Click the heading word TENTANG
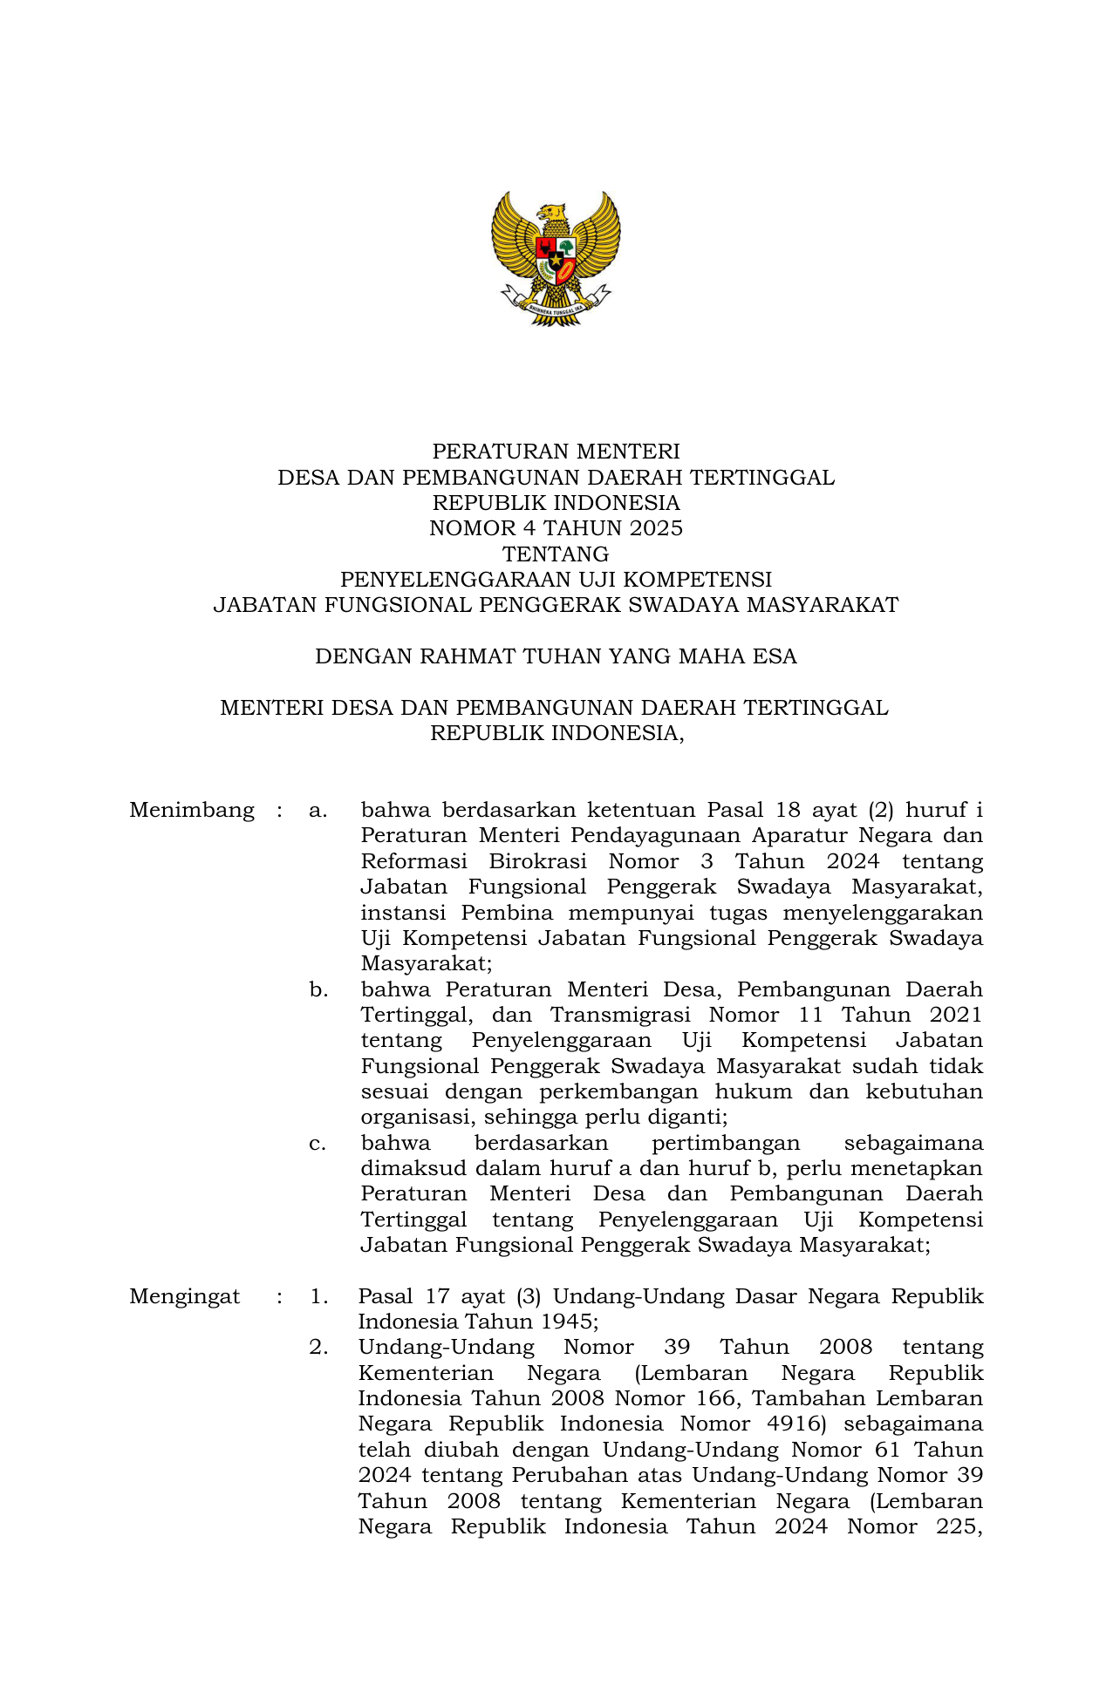coord(556,554)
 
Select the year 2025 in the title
coord(656,528)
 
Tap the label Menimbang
coord(192,811)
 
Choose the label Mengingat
coord(184,1297)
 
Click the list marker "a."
coord(318,811)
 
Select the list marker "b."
coord(318,990)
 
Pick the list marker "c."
coord(318,1144)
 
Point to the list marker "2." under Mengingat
coord(318,1348)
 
